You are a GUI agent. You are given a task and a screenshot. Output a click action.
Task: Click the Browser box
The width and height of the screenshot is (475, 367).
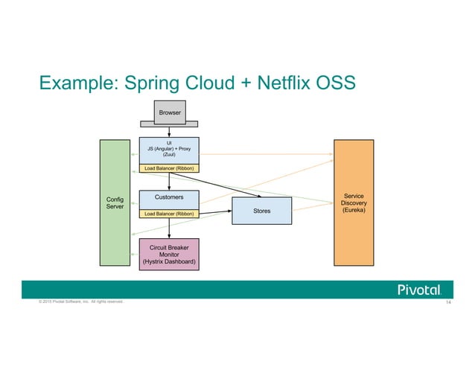[x=169, y=113]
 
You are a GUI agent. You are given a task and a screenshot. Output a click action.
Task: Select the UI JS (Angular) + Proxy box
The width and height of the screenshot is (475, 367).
[x=169, y=151]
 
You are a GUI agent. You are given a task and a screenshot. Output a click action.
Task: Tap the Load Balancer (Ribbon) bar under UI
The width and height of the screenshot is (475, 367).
[x=169, y=170]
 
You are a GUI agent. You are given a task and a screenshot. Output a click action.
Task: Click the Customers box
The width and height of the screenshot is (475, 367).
[x=169, y=199]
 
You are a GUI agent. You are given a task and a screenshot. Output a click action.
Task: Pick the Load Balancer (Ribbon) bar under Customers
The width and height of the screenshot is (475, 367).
[x=169, y=214]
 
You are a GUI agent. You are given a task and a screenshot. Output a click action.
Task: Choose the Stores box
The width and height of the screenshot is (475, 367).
[x=261, y=211]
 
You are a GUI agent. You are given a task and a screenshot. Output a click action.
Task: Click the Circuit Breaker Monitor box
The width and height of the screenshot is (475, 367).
[x=169, y=252]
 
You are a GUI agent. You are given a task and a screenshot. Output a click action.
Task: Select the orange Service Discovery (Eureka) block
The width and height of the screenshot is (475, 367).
[x=354, y=202]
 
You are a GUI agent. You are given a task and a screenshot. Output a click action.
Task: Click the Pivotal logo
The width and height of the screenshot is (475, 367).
[x=420, y=289]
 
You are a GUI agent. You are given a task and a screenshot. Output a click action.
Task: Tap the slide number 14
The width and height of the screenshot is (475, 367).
[x=449, y=303]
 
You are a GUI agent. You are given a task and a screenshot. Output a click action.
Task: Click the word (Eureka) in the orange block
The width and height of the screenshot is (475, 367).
[x=354, y=210]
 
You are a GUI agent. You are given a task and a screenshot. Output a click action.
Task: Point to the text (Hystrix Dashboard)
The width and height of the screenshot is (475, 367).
[x=169, y=261]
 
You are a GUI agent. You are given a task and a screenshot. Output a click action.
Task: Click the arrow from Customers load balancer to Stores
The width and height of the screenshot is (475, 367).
[x=215, y=213]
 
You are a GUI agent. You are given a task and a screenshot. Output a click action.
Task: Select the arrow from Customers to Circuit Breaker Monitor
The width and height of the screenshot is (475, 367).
[x=169, y=229]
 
